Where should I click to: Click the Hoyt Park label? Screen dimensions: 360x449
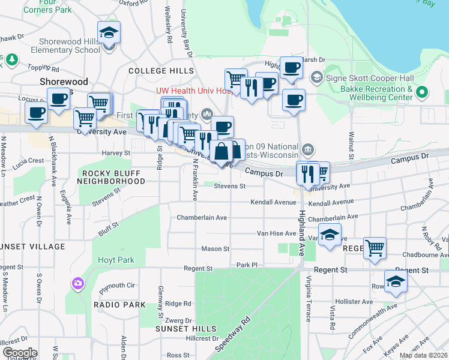(116, 260)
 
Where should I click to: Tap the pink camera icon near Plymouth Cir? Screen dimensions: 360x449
(77, 283)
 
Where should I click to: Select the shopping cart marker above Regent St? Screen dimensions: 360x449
(375, 247)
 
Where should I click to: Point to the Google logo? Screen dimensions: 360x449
(20, 353)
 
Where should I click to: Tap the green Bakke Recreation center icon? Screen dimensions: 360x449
(422, 92)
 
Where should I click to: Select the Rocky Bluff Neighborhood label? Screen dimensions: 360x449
(106, 176)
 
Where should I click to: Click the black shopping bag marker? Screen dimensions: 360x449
(221, 151)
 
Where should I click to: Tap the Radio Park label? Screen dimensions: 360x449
(119, 305)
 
